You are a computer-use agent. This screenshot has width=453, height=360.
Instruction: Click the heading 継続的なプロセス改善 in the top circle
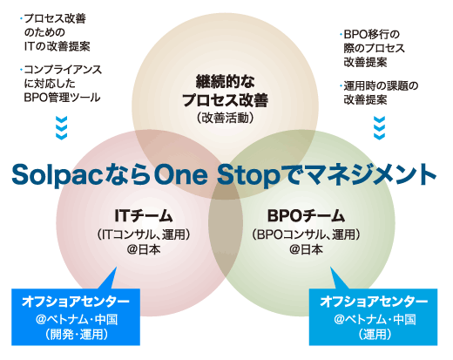pos(225,91)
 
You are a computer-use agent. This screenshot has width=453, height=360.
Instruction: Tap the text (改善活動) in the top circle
pos(225,118)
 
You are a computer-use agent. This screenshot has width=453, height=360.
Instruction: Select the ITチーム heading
pos(144,216)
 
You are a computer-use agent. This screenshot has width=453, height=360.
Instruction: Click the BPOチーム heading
pos(306,216)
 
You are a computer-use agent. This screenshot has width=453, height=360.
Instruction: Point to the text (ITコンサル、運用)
pos(144,234)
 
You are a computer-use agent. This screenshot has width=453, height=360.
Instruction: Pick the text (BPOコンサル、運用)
pos(306,234)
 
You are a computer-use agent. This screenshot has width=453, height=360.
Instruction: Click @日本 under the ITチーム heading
pos(144,249)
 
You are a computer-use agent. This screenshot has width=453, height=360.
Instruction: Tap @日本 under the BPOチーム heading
pos(306,249)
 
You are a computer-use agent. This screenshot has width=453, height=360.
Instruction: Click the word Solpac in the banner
pos(57,175)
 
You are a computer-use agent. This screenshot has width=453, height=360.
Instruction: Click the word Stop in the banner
pos(248,175)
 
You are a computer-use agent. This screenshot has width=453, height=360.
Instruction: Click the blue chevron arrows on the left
pos(62,128)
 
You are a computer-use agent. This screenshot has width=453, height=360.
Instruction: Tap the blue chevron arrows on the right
pos(379,128)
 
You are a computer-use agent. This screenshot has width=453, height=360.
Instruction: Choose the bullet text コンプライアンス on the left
pos(63,70)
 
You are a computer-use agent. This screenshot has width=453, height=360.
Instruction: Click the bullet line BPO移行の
pos(372,34)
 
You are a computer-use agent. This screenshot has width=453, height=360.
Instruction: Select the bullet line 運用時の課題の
pos(381,86)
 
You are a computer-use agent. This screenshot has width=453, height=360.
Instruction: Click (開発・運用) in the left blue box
pos(77,334)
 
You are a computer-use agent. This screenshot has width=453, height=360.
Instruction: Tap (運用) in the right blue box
pos(375,334)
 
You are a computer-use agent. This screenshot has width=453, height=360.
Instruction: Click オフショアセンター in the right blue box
pos(374,302)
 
